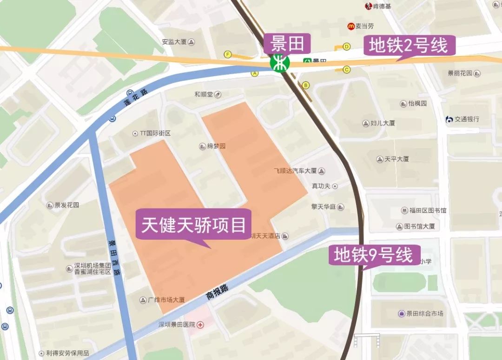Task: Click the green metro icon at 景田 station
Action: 280,63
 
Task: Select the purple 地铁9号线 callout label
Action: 374,255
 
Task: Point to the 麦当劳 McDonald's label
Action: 361,26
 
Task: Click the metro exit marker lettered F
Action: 227,54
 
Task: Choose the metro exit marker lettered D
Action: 346,46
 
